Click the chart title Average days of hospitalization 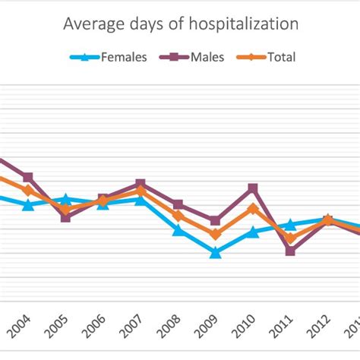[180, 24]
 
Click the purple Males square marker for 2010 [253, 188]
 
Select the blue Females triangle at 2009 [215, 253]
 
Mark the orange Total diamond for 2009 [215, 235]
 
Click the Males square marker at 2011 [290, 251]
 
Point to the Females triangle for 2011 [290, 225]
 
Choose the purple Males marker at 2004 [28, 177]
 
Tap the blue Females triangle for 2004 [28, 205]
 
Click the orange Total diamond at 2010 [253, 208]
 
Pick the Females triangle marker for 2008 [178, 229]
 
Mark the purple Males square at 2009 [215, 220]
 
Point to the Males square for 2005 [65, 217]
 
